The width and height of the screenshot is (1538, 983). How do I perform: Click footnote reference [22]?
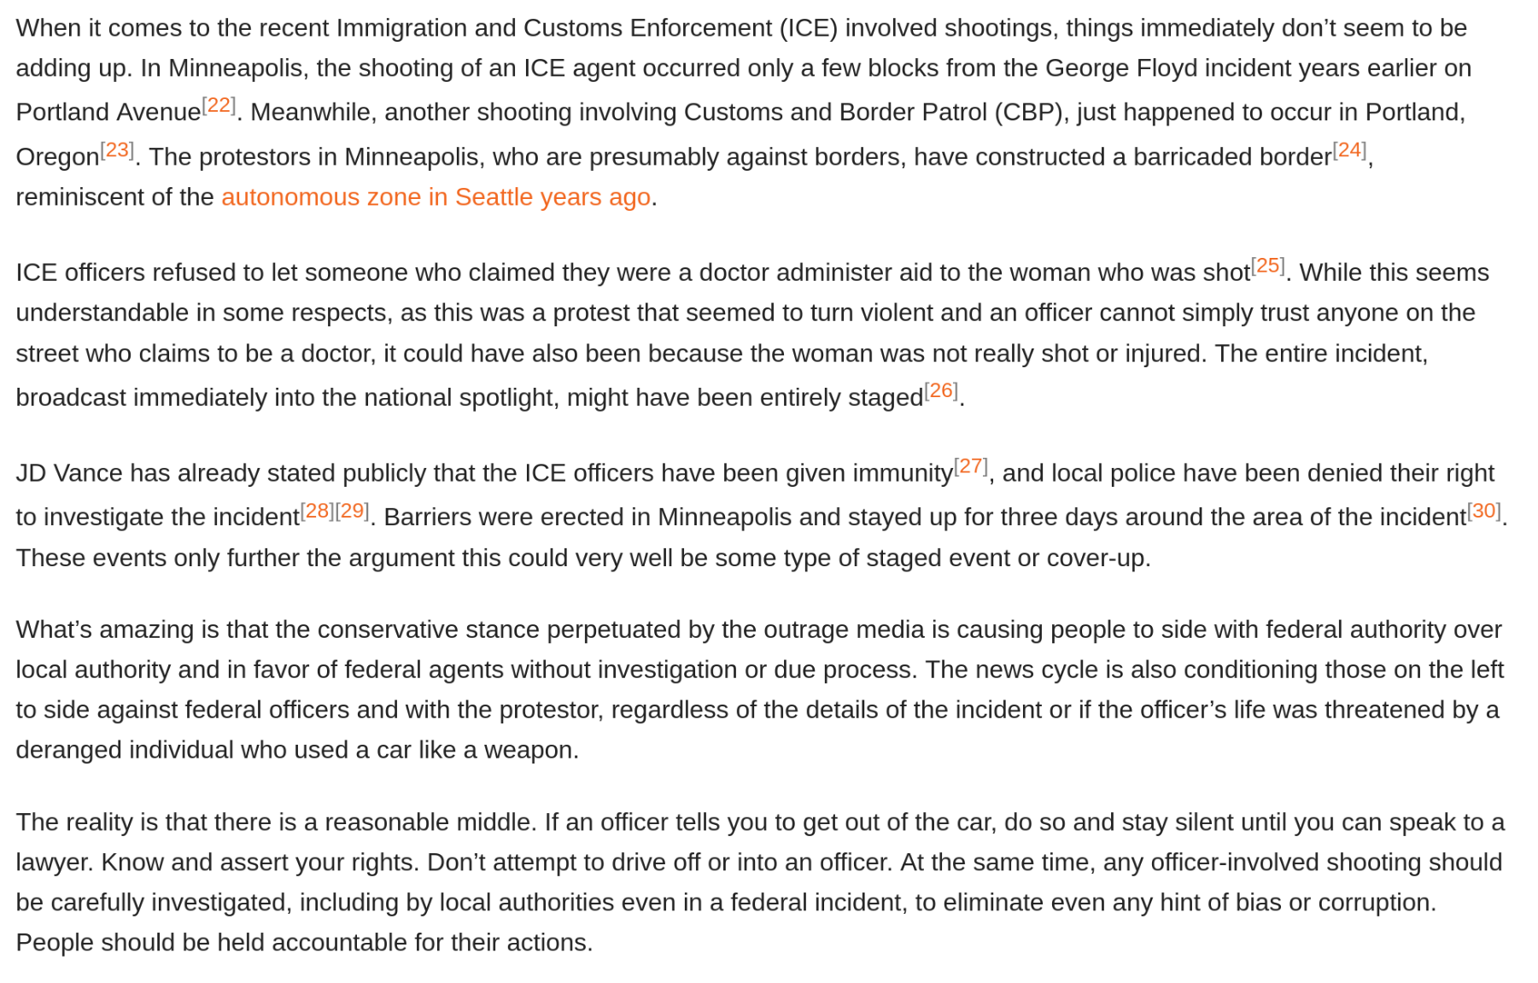click(219, 105)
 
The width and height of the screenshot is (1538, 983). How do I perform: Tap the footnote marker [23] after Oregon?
click(117, 150)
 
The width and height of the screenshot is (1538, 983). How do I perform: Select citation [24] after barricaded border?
click(1349, 150)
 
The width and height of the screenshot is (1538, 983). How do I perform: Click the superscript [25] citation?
click(1267, 266)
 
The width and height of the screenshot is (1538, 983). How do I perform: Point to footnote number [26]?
click(941, 390)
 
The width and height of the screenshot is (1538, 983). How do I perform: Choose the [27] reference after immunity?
click(971, 466)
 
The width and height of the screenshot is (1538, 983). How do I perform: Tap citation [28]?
click(318, 511)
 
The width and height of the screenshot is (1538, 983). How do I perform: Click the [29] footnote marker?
click(352, 511)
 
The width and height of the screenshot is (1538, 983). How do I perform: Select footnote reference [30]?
click(1484, 511)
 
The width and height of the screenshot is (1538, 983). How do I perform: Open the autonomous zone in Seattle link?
click(436, 197)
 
